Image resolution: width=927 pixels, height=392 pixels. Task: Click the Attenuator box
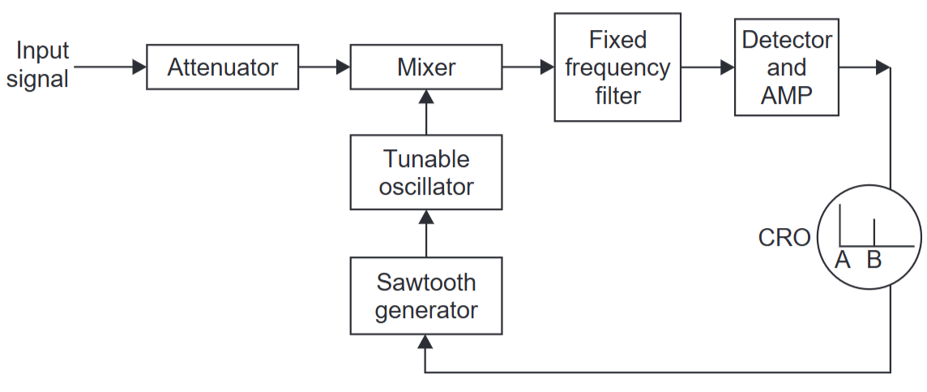[222, 67]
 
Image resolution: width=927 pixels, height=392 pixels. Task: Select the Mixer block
[425, 67]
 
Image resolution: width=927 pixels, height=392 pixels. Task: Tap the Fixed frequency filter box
[617, 67]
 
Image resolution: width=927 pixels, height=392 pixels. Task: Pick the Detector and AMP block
[786, 67]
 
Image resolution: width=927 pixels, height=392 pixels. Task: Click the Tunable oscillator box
[425, 171]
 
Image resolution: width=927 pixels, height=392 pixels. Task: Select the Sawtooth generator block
[425, 295]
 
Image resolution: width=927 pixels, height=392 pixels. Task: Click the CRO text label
[784, 238]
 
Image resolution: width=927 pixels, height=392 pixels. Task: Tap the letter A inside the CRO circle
[843, 261]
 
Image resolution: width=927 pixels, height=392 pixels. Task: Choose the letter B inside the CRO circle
[874, 261]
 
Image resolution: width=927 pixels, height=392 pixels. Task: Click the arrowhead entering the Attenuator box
[139, 67]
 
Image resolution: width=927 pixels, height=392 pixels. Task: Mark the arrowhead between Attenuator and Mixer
[343, 67]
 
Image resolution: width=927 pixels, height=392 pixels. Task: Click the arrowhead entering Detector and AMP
[728, 67]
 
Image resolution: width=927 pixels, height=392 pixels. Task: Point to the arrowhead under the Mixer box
[425, 97]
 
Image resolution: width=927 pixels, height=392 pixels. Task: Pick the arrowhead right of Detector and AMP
[882, 67]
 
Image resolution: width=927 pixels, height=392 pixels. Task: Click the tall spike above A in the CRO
[840, 226]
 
